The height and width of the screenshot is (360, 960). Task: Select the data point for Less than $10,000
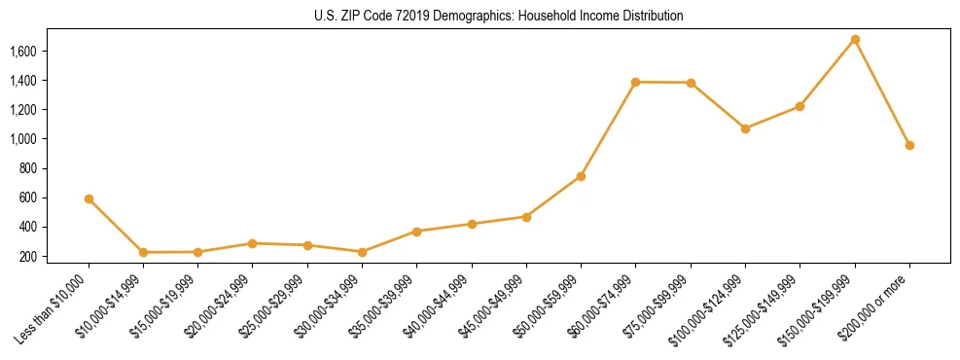click(x=89, y=198)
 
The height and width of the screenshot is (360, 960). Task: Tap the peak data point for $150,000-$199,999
click(x=855, y=40)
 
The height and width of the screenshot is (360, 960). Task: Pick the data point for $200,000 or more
click(x=909, y=145)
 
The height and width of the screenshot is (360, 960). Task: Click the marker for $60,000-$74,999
click(x=636, y=82)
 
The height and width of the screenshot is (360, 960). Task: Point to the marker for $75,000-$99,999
click(x=691, y=83)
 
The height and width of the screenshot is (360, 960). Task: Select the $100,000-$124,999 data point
click(x=745, y=128)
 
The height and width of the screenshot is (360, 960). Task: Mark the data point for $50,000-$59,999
click(x=581, y=176)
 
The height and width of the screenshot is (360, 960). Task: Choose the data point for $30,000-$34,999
click(x=362, y=252)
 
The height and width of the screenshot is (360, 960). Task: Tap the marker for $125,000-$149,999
click(x=800, y=106)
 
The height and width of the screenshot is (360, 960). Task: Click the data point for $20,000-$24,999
click(x=253, y=243)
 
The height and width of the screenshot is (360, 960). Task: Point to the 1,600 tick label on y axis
click(x=22, y=51)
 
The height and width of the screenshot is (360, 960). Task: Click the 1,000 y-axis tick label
click(x=22, y=139)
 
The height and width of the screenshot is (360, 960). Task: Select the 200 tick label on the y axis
click(x=27, y=257)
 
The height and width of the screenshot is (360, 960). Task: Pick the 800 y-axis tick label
click(x=27, y=168)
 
